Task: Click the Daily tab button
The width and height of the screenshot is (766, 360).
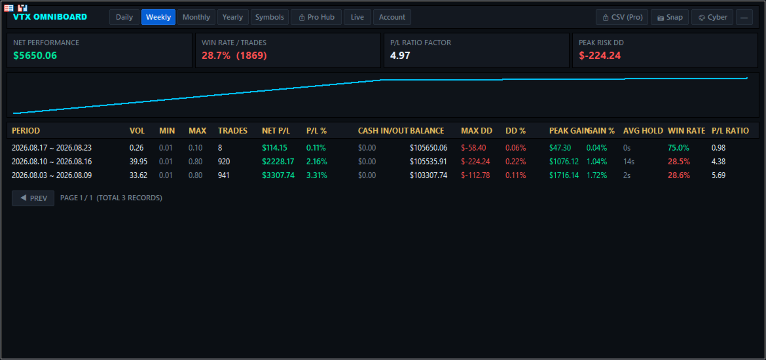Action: pyautogui.click(x=124, y=17)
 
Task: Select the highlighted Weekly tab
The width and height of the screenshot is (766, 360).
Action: pyautogui.click(x=158, y=17)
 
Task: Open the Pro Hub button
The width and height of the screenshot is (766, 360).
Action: pyautogui.click(x=316, y=17)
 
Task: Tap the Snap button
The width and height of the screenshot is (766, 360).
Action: pyautogui.click(x=670, y=17)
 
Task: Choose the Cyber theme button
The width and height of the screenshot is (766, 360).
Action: pyautogui.click(x=712, y=17)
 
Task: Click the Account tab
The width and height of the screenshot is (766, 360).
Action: pyautogui.click(x=392, y=17)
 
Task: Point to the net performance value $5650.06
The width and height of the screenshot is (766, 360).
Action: pyautogui.click(x=35, y=56)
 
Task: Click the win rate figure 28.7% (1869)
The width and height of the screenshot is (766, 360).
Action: pyautogui.click(x=234, y=56)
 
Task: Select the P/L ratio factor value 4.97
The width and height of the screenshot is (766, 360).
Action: pyautogui.click(x=400, y=56)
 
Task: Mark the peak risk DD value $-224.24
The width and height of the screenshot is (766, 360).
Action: pyautogui.click(x=600, y=56)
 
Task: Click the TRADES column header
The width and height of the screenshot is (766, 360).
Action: pyautogui.click(x=232, y=131)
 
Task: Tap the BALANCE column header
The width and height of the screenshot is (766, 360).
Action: pyautogui.click(x=427, y=131)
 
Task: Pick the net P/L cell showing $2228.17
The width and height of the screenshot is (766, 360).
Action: pyautogui.click(x=278, y=162)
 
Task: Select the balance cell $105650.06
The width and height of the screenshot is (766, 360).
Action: pyautogui.click(x=428, y=148)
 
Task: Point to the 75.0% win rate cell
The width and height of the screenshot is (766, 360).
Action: pyautogui.click(x=678, y=148)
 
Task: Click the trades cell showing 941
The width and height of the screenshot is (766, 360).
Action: pyautogui.click(x=224, y=175)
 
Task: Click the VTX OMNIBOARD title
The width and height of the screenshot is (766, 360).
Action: pyautogui.click(x=50, y=17)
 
